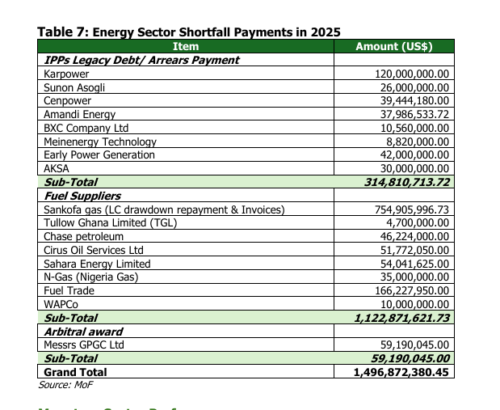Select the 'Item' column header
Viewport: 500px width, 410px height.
(x=186, y=46)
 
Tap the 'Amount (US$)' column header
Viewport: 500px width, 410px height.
(x=394, y=46)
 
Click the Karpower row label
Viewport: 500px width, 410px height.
(x=66, y=74)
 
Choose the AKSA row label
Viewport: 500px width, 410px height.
(x=57, y=168)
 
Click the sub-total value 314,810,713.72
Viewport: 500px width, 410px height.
(x=408, y=182)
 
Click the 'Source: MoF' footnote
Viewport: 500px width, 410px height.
(x=65, y=385)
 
